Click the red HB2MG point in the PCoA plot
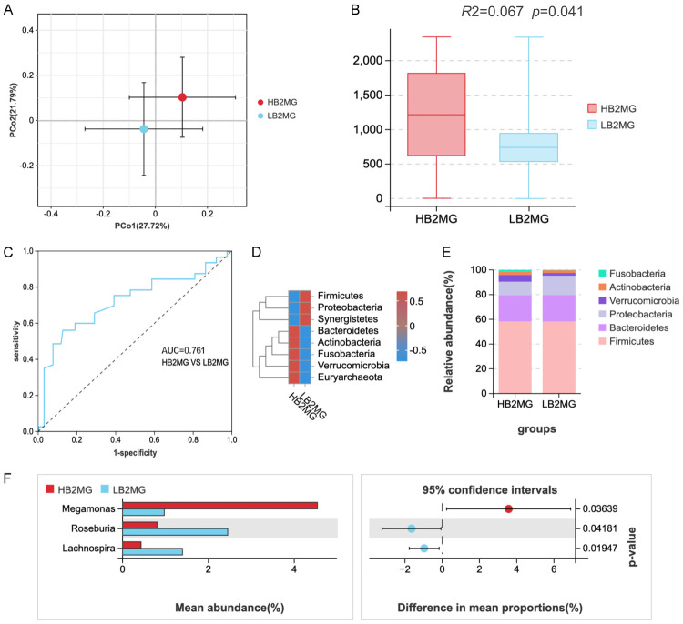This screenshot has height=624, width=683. [x=182, y=97]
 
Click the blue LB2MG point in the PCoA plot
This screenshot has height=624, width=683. [x=144, y=129]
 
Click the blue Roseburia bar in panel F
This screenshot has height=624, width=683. [x=175, y=534]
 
